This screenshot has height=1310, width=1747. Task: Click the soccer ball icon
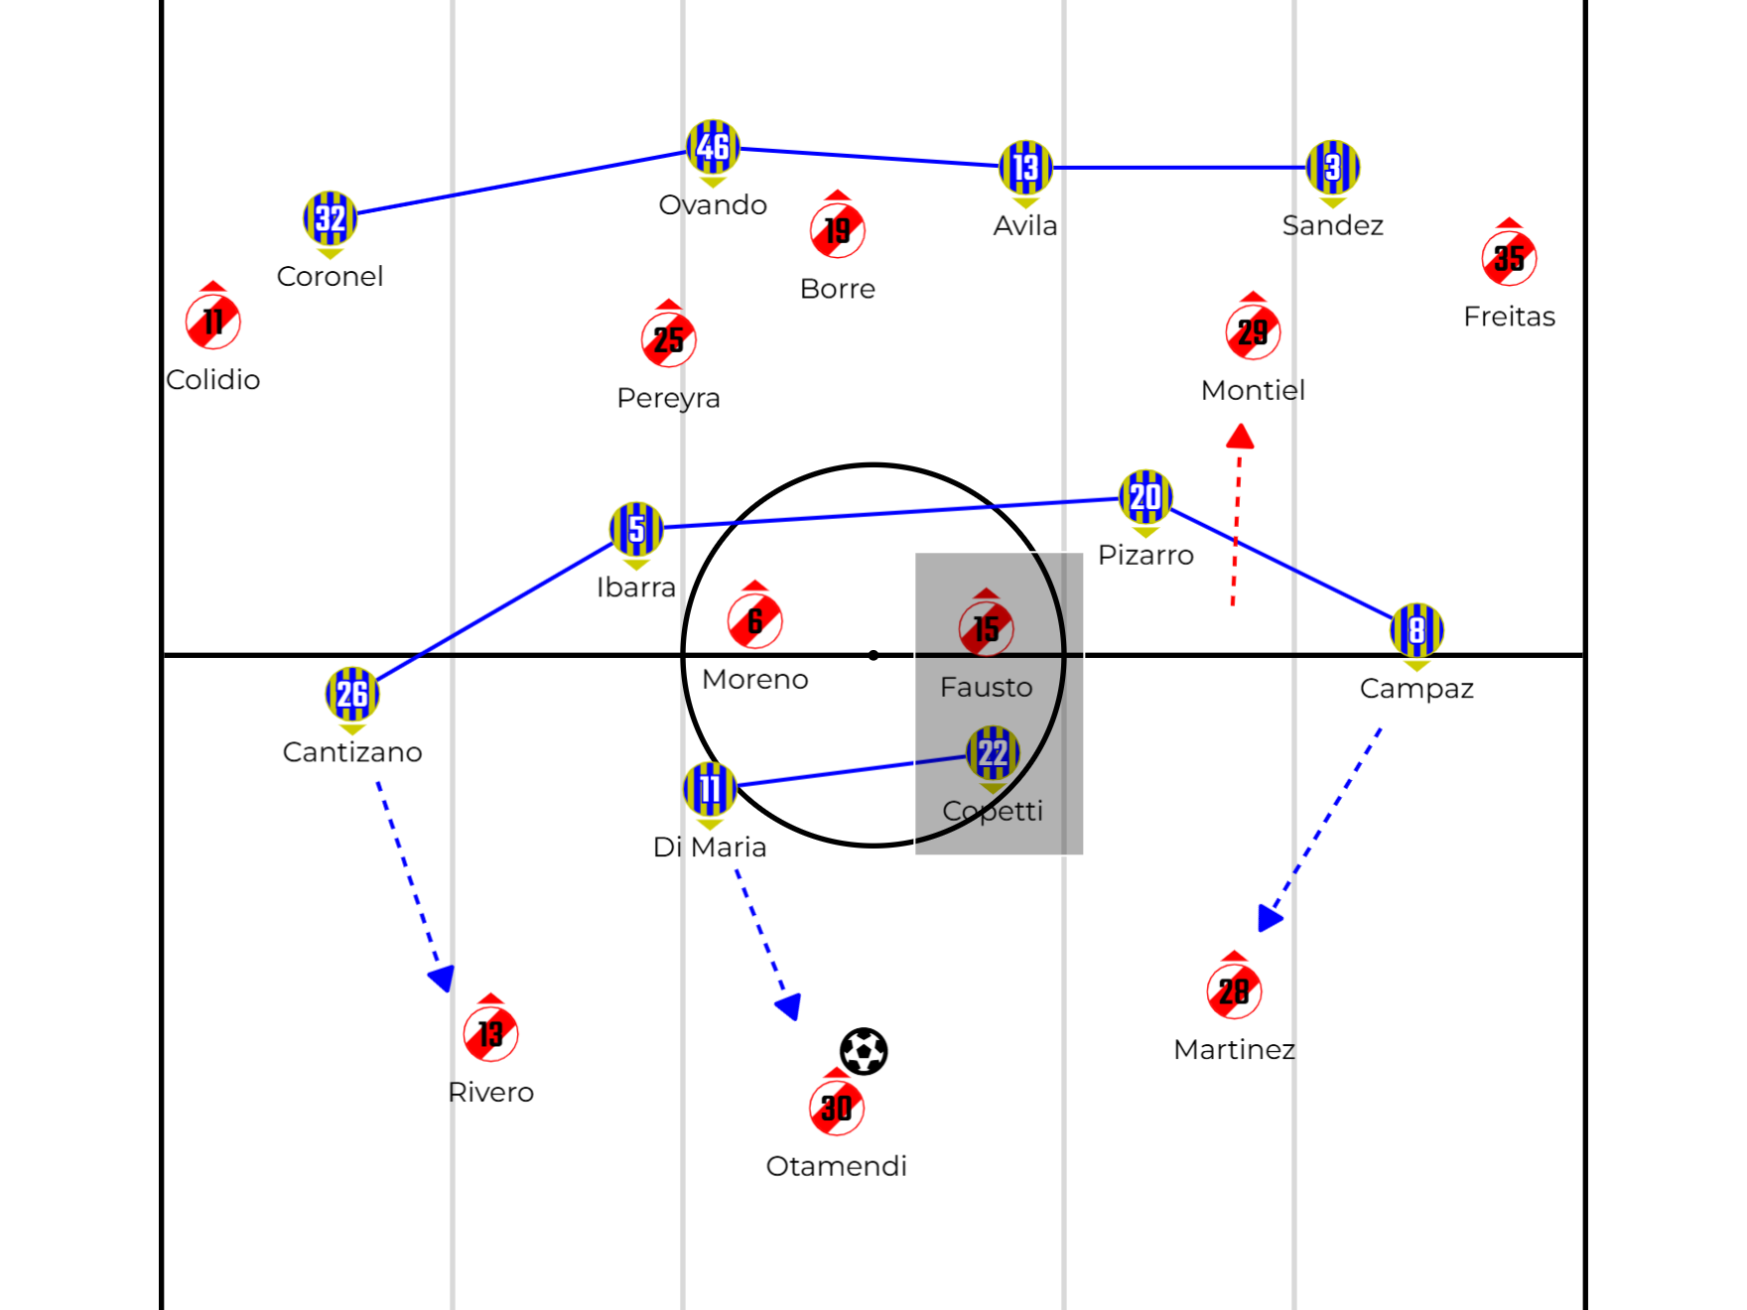tap(864, 1051)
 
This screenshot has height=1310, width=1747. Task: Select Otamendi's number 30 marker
tap(837, 1107)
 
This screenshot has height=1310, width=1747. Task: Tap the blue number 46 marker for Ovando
tap(713, 147)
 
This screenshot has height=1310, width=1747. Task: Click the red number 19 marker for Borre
tap(838, 230)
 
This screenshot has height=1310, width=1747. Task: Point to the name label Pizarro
tap(1145, 555)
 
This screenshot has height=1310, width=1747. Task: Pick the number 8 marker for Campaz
tap(1416, 630)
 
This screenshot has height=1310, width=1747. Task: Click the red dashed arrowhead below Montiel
tap(1240, 437)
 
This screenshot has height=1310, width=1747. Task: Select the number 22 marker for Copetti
tap(993, 753)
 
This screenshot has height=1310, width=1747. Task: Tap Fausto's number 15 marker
tap(986, 628)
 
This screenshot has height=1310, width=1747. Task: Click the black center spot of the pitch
tap(873, 655)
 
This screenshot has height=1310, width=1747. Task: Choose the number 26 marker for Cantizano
tap(352, 694)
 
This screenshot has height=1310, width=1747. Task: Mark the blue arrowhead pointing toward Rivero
tap(442, 979)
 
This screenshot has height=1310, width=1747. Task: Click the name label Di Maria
tap(710, 848)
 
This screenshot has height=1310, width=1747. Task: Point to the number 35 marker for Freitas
tap(1509, 258)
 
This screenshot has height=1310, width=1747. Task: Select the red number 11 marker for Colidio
tap(213, 322)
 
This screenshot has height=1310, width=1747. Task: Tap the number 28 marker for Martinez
tap(1234, 990)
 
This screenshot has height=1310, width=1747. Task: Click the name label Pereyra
tap(668, 398)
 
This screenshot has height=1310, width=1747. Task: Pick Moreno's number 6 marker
tap(754, 620)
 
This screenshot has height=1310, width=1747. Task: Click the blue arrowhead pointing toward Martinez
tap(1270, 918)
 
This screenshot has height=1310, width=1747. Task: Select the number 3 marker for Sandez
tap(1332, 167)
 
